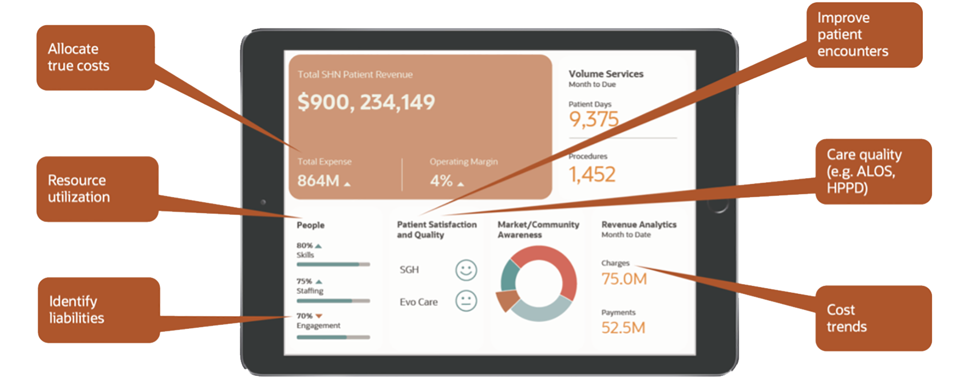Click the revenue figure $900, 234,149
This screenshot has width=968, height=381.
coord(366,102)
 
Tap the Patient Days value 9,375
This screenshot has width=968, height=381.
coord(594,119)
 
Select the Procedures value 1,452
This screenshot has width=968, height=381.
coord(591,174)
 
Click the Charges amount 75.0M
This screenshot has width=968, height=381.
coord(623,279)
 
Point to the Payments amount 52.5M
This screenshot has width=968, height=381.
coord(623,328)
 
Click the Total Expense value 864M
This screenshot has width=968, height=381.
coord(318,181)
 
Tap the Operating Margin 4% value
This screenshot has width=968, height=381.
coord(441,181)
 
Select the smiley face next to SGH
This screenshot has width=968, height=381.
coord(466,270)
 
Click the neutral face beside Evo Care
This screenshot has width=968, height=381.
coord(466,301)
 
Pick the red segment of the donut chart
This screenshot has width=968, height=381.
coord(558,269)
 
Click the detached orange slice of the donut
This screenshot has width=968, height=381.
coord(505,300)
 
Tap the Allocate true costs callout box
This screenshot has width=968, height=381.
coord(96,57)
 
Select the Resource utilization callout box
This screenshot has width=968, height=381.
coord(97,189)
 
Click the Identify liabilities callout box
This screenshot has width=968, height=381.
coord(98,310)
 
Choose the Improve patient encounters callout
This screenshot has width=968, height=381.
coord(864,35)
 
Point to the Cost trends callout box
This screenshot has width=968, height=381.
coord(873,319)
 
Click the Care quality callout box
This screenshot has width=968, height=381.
coord(873,171)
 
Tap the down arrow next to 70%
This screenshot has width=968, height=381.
coord(319,316)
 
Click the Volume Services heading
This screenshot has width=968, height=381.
coord(606,74)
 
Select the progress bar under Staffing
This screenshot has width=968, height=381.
coord(333,301)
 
